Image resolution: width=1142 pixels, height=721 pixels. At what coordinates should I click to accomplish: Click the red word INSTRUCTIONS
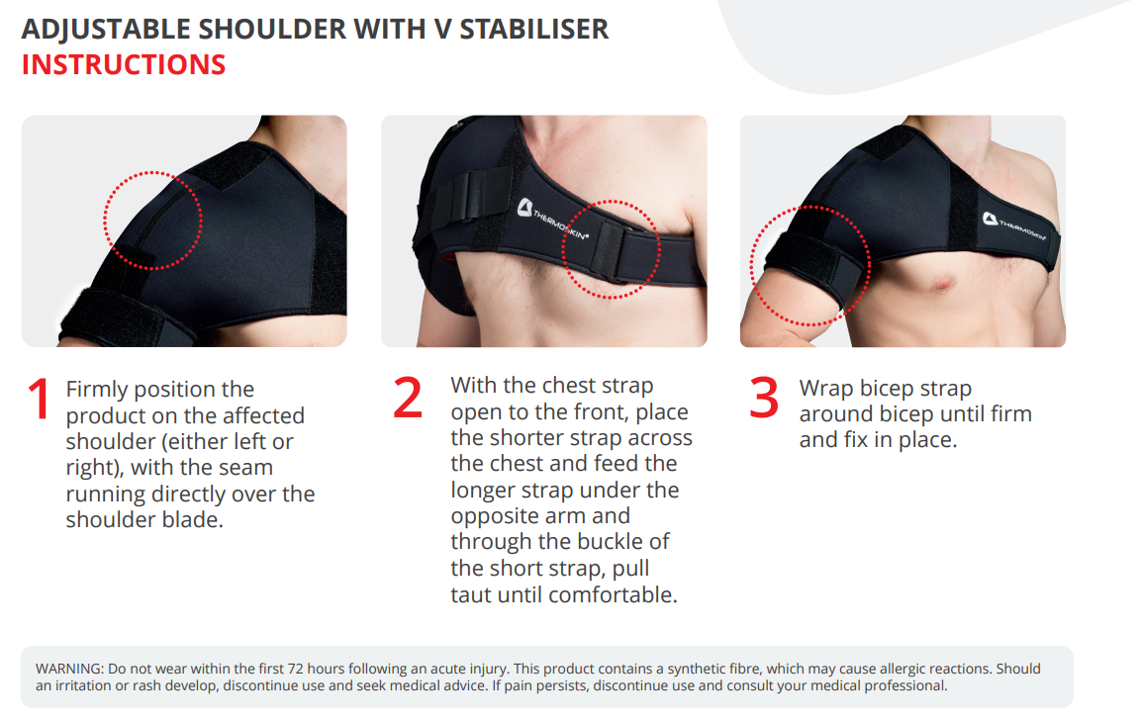click(x=124, y=64)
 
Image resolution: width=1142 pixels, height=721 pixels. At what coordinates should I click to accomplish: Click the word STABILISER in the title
click(x=533, y=29)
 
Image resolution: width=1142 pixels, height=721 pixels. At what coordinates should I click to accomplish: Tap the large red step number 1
click(x=39, y=399)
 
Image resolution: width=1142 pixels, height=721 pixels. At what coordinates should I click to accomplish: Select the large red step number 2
click(x=407, y=398)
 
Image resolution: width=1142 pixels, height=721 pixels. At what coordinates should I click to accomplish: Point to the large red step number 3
click(x=764, y=398)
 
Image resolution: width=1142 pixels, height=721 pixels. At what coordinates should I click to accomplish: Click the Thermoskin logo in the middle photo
click(x=552, y=219)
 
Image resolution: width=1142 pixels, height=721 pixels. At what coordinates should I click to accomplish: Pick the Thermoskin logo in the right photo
click(x=1013, y=226)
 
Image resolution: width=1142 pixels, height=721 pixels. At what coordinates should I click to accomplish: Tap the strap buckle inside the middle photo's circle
click(x=609, y=252)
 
